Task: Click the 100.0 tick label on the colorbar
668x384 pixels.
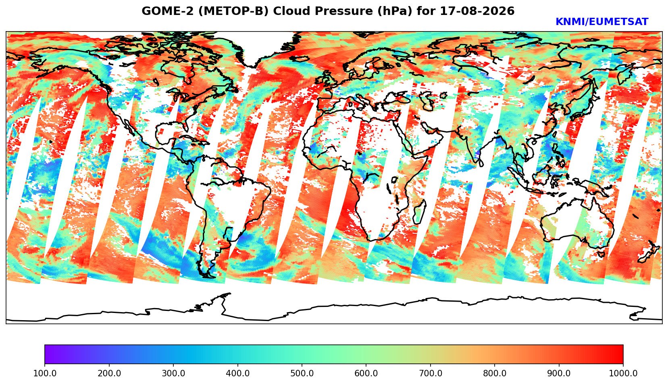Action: [45, 373]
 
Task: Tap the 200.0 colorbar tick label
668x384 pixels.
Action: [109, 373]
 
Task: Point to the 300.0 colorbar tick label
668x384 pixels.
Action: [173, 373]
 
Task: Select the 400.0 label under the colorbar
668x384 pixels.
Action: [238, 373]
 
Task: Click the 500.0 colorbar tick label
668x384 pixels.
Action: [302, 373]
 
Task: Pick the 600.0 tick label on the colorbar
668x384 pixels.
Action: [366, 373]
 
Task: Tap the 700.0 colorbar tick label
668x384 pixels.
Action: [430, 373]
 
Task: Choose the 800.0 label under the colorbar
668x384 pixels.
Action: [495, 373]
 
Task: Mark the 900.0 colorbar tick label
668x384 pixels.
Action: [559, 373]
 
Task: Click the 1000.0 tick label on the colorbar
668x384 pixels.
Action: [623, 373]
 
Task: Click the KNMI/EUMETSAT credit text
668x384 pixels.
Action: [602, 22]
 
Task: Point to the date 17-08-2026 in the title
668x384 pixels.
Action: [477, 11]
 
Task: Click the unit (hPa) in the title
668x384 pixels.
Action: [395, 11]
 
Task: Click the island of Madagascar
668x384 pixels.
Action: [420, 213]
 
